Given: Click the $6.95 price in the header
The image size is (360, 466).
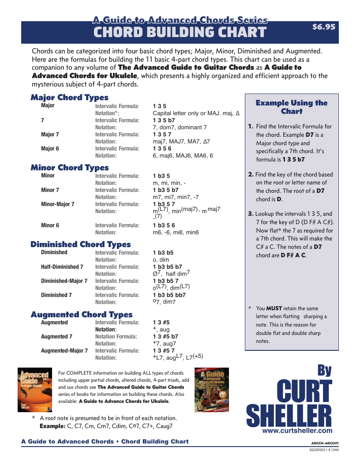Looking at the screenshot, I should [x=323, y=27].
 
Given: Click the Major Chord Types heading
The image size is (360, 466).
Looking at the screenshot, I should [x=69, y=98].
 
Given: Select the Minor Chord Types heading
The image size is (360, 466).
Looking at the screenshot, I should [x=69, y=168].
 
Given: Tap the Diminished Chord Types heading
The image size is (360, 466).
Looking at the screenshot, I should [x=80, y=244].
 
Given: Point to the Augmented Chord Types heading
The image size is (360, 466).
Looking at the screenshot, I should [x=81, y=315].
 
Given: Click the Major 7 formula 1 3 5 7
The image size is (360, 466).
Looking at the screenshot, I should [x=162, y=135].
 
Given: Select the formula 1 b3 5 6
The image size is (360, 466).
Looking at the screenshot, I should [x=164, y=225].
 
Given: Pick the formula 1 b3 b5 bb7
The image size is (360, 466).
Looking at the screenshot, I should [x=169, y=295].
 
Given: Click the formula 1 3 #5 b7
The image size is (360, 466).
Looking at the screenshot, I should [x=165, y=337].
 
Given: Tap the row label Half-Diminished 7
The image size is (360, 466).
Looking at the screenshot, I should [x=62, y=267].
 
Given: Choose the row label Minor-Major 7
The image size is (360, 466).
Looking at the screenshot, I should [x=57, y=204].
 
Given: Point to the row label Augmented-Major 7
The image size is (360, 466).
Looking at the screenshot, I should [x=64, y=351].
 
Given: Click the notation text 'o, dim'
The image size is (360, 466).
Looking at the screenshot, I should [x=161, y=260].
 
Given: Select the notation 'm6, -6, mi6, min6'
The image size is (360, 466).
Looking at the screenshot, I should [x=176, y=233].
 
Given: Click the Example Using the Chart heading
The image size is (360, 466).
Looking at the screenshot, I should [x=292, y=107].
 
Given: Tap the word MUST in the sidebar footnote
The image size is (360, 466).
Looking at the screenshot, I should [x=274, y=308].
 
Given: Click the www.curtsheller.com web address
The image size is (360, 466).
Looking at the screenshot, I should [x=297, y=430].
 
